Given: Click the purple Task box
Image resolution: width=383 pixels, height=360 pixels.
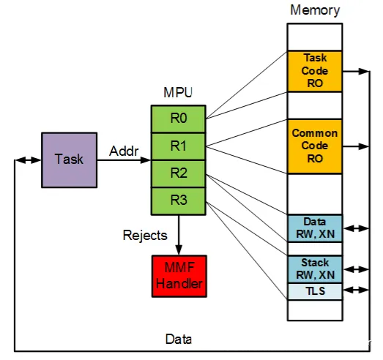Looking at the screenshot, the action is tap(70, 160).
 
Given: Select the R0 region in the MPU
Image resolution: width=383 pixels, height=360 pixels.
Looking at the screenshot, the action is tap(178, 119).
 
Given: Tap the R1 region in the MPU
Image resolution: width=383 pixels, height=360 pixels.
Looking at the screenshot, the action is tap(178, 146).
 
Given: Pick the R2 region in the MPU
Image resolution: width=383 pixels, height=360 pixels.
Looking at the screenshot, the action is tap(178, 173).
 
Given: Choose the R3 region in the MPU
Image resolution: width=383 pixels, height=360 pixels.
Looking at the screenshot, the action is tap(178, 201).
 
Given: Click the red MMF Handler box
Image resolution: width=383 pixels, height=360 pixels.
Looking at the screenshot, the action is tap(179, 276).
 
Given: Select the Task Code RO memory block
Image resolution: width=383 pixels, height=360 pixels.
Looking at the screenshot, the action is tap(315, 71).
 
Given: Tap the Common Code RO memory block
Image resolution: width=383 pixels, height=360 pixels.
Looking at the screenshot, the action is tap(315, 146).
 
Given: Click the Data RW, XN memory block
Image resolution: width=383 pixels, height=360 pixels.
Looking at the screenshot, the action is tap(315, 228).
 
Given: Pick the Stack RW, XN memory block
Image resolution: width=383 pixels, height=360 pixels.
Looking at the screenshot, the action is tap(315, 269).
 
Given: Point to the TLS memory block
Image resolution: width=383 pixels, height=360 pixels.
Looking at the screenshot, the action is tap(315, 291).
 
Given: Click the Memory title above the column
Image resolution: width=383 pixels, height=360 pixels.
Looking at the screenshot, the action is tap(315, 10).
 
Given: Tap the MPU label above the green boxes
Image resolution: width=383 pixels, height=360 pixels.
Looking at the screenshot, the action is tap(178, 92).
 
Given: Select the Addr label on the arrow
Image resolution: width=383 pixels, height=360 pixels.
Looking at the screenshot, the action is tap(124, 151).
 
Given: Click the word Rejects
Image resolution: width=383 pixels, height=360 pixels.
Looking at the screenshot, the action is tap(145, 236).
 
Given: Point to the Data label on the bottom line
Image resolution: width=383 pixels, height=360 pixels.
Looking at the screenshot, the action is tap(179, 340).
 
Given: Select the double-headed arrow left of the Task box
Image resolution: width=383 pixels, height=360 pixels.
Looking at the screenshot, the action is tap(28, 160).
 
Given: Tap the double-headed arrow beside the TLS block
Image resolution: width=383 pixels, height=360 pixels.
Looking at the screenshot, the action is tap(356, 290).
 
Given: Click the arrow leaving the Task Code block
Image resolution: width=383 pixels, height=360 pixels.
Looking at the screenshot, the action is tap(356, 71).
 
